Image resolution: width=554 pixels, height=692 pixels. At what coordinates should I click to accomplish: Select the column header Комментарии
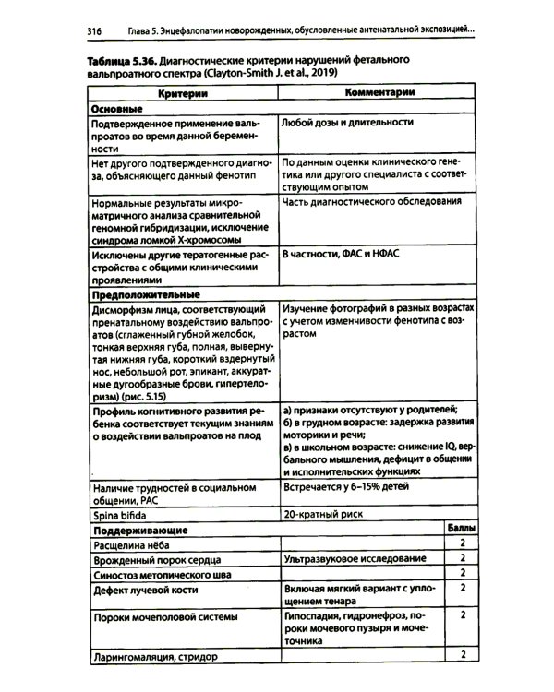pyautogui.click(x=379, y=94)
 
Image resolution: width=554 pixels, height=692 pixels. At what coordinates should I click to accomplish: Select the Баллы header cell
pyautogui.click(x=462, y=531)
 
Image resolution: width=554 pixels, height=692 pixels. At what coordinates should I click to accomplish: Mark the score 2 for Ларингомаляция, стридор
pyautogui.click(x=461, y=655)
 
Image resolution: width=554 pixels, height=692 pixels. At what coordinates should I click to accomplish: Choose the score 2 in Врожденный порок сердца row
pyautogui.click(x=461, y=560)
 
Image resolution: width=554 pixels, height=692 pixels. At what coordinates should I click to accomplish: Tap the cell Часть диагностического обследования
pyautogui.click(x=371, y=201)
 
